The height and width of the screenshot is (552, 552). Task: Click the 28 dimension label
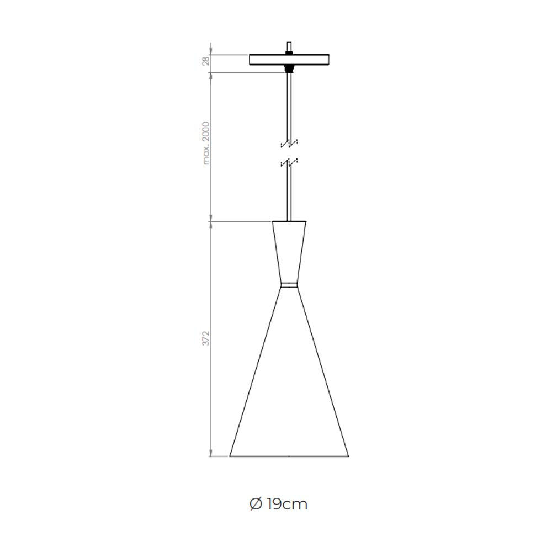pyautogui.click(x=206, y=60)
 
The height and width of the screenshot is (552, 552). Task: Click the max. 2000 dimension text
pyautogui.click(x=206, y=144)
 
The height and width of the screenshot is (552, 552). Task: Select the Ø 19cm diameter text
pyautogui.click(x=278, y=504)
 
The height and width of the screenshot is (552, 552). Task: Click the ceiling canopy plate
pyautogui.click(x=289, y=60)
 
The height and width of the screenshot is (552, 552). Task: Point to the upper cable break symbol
pyautogui.click(x=289, y=144)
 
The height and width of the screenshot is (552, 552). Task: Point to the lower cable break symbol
pyautogui.click(x=289, y=163)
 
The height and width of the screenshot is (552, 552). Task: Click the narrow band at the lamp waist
pyautogui.click(x=289, y=285)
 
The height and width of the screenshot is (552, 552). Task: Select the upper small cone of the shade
pyautogui.click(x=289, y=252)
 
